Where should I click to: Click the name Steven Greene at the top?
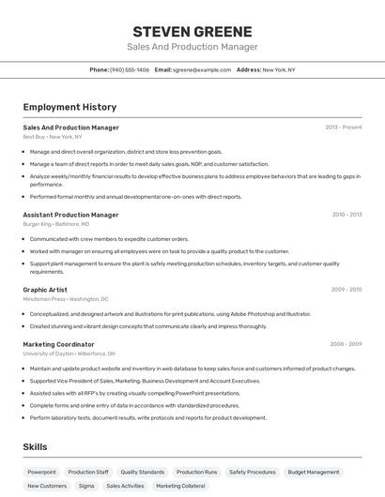click(192, 32)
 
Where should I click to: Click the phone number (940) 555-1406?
click(130, 69)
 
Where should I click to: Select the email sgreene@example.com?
click(202, 69)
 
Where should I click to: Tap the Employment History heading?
click(69, 107)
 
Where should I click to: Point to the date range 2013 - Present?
click(344, 128)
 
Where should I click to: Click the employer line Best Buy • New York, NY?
click(53, 137)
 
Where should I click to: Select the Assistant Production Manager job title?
click(70, 215)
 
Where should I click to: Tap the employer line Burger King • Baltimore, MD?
click(56, 224)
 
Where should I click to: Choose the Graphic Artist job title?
click(45, 290)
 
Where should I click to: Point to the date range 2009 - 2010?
click(346, 290)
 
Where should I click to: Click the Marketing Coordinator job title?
click(59, 344)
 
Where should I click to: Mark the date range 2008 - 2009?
click(346, 344)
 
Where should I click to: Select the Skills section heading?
click(35, 447)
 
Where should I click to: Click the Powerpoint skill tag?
click(41, 472)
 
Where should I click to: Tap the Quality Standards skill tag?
click(142, 472)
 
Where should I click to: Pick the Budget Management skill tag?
click(314, 472)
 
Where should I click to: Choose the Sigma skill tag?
click(86, 486)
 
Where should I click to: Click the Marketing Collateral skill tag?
click(180, 486)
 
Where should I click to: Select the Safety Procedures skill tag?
click(253, 472)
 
